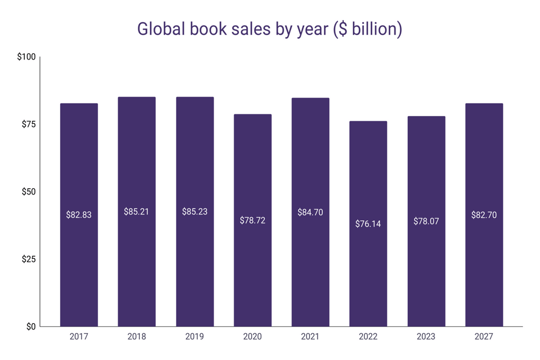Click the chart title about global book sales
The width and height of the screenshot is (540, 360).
[x=269, y=29]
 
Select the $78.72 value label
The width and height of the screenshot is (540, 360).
[x=253, y=220]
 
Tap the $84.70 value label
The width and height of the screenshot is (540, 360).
[x=311, y=212]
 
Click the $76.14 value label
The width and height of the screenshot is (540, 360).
[x=368, y=223]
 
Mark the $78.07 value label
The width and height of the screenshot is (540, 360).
[x=426, y=221]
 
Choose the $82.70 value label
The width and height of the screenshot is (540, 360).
[x=484, y=215]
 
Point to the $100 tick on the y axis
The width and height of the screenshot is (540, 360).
[x=26, y=57]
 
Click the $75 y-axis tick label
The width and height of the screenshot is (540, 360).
[x=28, y=124]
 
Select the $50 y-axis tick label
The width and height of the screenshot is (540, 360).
[x=28, y=192]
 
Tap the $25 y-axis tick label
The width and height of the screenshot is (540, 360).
[x=28, y=259]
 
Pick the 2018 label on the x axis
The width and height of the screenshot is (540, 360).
[x=137, y=337]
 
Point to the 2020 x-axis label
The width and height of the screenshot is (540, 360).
[x=253, y=337]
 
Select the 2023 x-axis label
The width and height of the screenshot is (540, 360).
[x=426, y=337]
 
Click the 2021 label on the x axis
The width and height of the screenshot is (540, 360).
[x=311, y=337]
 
